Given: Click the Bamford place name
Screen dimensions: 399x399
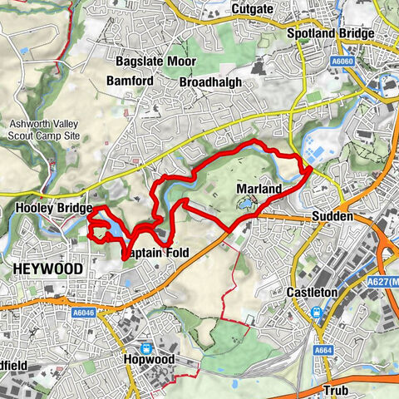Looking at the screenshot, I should (129, 81).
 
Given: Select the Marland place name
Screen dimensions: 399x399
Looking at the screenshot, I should (259, 190).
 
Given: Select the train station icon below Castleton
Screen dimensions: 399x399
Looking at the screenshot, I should (317, 313).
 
